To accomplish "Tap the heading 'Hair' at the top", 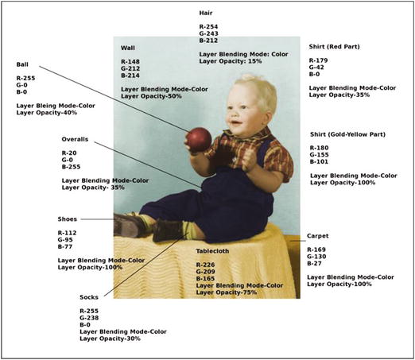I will [206, 14].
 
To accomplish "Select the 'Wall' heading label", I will [128, 48].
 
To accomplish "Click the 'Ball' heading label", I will [23, 64].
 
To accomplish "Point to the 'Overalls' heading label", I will [76, 139].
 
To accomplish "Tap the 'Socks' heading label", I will [89, 297].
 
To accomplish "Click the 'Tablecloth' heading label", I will [215, 251].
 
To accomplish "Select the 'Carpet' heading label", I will [318, 236].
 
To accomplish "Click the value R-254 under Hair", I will [209, 28].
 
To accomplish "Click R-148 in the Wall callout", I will [130, 61].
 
